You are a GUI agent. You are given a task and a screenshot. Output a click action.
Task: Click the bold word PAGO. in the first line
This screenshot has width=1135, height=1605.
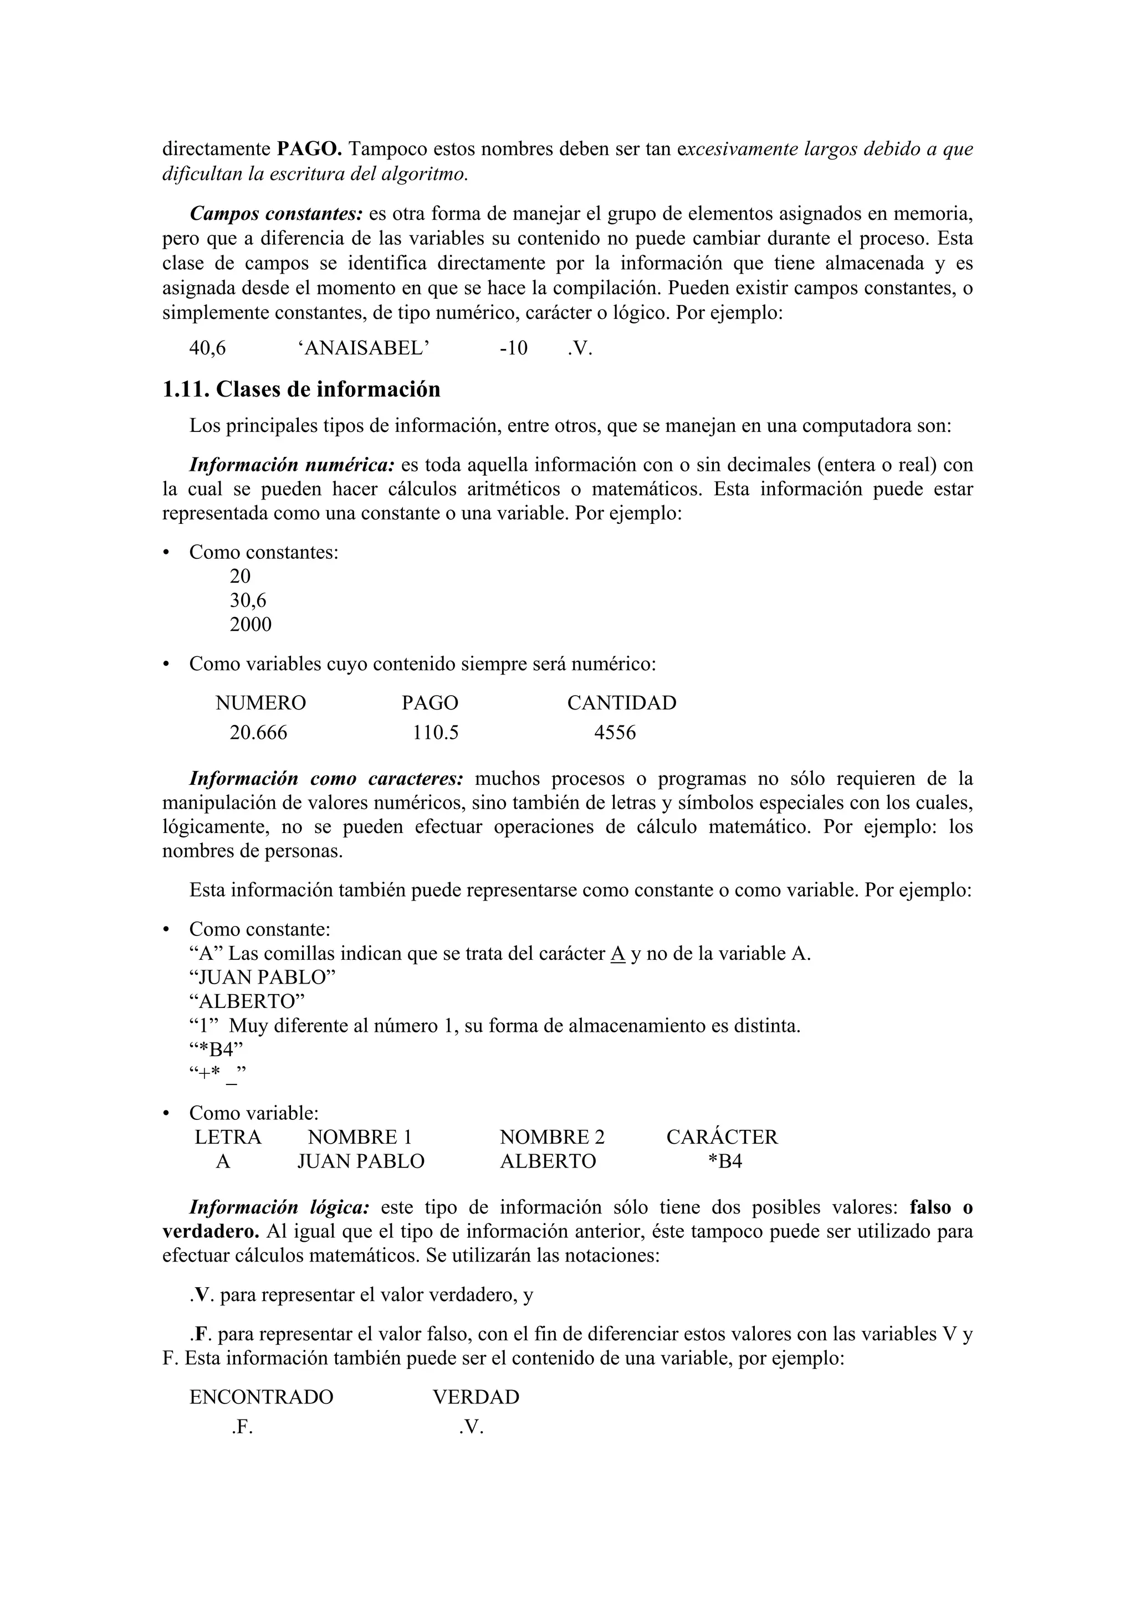(309, 150)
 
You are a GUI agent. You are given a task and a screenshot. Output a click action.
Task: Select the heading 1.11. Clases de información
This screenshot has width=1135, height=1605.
(301, 389)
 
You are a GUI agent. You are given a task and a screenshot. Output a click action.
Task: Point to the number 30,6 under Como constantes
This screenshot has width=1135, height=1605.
(248, 600)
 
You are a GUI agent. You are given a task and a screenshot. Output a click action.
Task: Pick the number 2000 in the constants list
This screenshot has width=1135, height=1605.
(250, 625)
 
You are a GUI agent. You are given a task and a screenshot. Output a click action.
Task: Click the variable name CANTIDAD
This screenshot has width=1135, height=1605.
(621, 703)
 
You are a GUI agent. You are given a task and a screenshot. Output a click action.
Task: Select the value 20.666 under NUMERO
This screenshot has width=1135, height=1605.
(258, 733)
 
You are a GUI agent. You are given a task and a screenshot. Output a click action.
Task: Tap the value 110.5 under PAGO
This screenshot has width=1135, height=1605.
(435, 733)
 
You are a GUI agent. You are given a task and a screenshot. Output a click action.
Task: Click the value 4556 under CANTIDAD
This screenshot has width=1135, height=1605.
(615, 733)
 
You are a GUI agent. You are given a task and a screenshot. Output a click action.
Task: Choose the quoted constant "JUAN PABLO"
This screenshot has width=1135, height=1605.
(262, 978)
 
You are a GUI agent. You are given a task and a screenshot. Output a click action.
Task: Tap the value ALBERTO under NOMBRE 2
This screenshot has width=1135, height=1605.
(548, 1162)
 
